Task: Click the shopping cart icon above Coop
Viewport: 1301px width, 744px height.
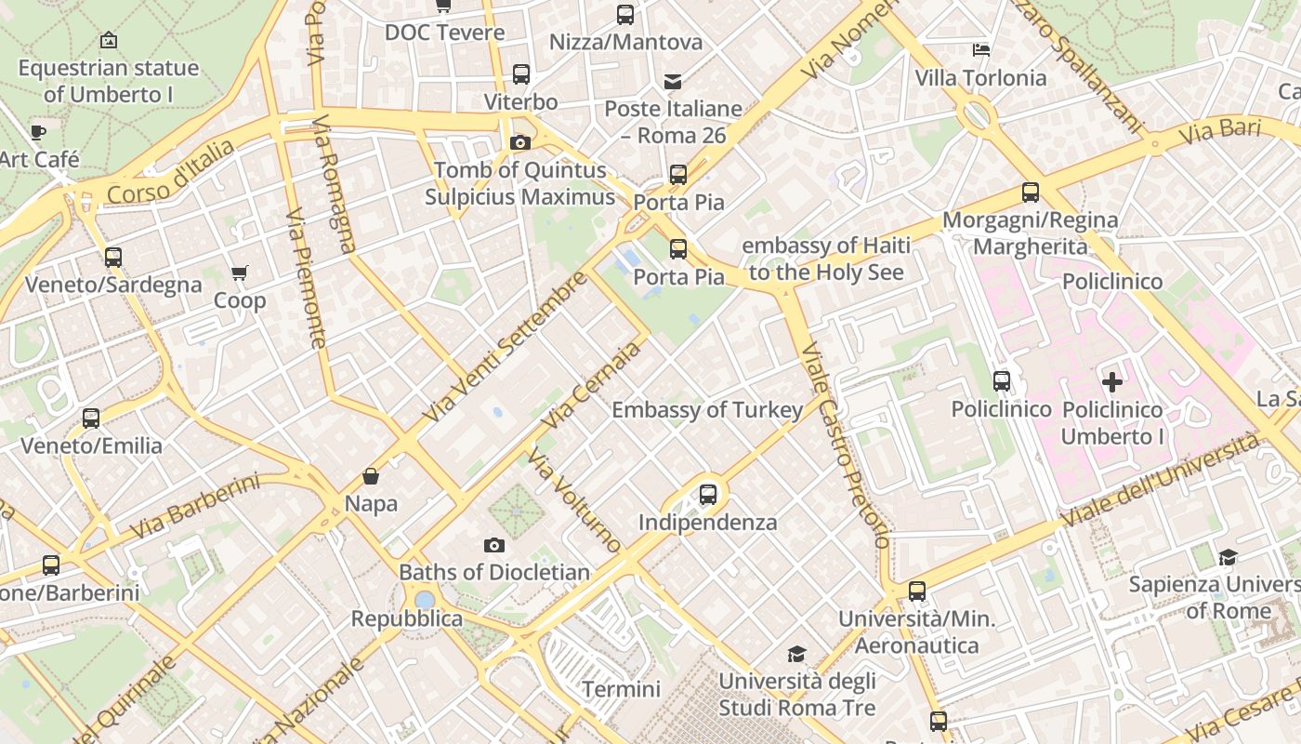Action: pos(240,272)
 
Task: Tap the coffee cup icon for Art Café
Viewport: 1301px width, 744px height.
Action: pos(38,132)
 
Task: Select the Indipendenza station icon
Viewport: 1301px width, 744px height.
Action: pos(708,494)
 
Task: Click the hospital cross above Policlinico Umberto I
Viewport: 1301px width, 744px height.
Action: pos(1112,381)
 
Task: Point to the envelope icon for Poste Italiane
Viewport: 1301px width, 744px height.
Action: pos(673,82)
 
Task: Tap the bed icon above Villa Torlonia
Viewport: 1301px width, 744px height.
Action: pos(980,49)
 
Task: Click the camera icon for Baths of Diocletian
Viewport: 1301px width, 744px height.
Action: pos(494,545)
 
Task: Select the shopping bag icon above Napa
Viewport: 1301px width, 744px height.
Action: pos(371,476)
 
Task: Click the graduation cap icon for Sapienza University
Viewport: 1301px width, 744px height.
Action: pos(1228,557)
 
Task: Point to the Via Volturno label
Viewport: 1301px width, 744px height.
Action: pos(573,499)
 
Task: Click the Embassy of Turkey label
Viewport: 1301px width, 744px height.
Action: pos(707,410)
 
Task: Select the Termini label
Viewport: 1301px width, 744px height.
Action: pos(621,689)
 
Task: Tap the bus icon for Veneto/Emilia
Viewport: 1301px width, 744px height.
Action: pos(91,418)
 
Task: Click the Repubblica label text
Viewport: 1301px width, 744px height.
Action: pos(406,618)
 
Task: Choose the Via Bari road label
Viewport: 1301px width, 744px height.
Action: pos(1220,131)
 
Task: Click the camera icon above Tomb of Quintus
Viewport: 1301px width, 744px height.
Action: pos(520,142)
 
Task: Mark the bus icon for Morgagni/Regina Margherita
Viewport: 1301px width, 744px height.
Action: pos(1031,193)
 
